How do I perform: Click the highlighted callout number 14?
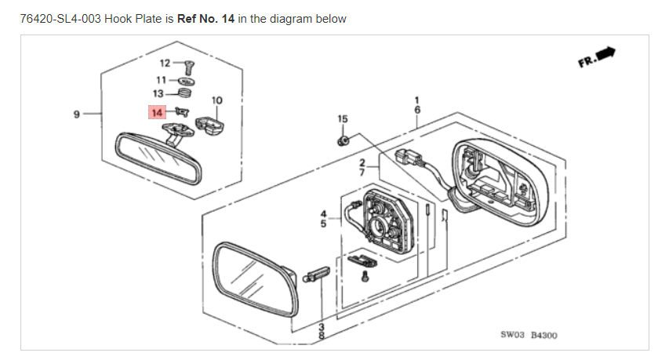(157, 113)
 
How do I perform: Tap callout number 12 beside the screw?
(165, 63)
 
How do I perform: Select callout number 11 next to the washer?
(161, 80)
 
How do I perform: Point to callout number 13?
(158, 93)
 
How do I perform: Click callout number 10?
(216, 100)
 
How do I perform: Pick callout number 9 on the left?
(76, 114)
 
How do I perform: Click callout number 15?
(343, 118)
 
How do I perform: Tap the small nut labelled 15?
(343, 140)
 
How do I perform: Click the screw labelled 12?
(189, 67)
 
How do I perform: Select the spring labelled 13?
(184, 93)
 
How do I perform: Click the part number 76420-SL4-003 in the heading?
(60, 19)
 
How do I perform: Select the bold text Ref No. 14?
(205, 19)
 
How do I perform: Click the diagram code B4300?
(544, 335)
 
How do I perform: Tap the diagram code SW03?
(512, 335)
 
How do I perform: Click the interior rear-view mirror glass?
(158, 158)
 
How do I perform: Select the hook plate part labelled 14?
(182, 111)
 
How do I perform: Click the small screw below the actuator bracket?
(365, 276)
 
